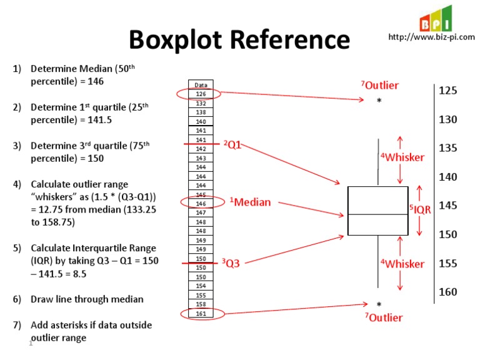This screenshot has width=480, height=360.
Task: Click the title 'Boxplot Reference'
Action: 239,40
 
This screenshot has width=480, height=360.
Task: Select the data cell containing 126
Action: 201,94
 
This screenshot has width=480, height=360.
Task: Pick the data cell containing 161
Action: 201,313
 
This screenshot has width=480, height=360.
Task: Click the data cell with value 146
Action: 201,204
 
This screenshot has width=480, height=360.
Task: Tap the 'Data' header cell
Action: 201,85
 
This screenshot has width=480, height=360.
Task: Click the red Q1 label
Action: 232,145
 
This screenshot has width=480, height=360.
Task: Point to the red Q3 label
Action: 231,264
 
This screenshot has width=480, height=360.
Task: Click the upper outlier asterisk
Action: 379,102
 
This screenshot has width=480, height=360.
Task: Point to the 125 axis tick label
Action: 448,91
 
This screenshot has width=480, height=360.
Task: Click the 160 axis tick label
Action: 448,292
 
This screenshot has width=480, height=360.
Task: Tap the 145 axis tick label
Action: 448,206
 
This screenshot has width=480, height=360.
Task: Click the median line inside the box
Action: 377,215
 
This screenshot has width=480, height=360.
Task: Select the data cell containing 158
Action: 201,304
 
